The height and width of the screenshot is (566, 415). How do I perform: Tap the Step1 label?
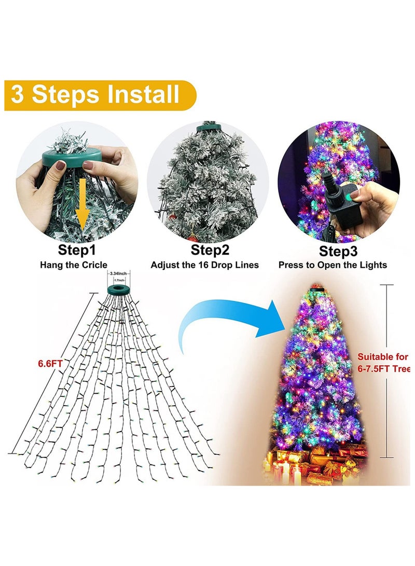[x=76, y=250]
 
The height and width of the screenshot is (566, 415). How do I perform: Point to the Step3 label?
[x=338, y=251]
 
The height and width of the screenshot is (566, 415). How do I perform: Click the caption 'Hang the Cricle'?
[x=76, y=265]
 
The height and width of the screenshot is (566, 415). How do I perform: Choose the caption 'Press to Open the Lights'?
[x=333, y=265]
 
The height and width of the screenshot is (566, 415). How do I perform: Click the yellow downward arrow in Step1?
[x=81, y=208]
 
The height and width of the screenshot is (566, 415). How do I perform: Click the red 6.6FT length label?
[x=49, y=363]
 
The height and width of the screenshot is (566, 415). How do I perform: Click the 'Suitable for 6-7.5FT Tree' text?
[x=383, y=363]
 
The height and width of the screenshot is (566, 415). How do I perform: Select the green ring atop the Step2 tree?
[x=209, y=126]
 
